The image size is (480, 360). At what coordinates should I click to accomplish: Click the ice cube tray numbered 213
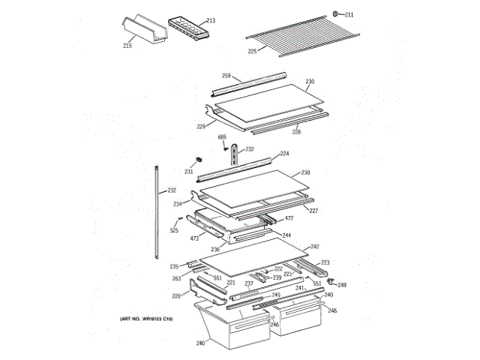pos(187,27)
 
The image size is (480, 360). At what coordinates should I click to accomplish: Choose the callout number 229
pos(201,126)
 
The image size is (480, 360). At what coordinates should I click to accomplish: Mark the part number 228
pos(296,132)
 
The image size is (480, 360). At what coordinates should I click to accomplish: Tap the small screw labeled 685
pos(222,136)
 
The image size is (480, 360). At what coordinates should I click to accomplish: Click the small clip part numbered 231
pos(199,160)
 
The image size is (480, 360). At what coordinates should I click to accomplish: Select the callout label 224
pos(284,154)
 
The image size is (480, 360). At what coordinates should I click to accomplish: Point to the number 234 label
pos(177,203)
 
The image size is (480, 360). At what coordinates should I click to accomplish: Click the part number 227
pos(313,211)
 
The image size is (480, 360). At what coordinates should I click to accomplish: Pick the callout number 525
pos(174,230)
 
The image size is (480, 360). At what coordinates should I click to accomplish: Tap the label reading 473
pos(193,238)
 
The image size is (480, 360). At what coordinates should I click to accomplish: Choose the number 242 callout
pos(314,247)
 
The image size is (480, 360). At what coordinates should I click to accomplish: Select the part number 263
pos(176,279)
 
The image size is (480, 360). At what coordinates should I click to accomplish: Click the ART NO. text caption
pos(146,319)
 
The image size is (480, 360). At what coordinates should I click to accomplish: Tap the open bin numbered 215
pos(142,30)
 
